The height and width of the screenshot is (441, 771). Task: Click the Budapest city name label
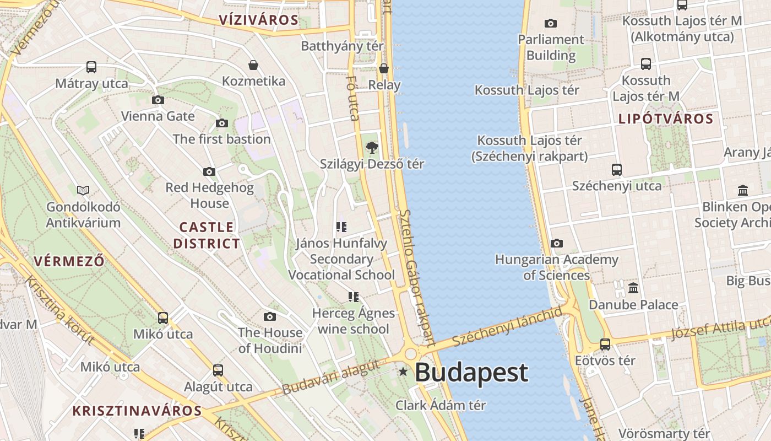point(471,373)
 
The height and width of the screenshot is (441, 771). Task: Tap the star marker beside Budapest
point(403,372)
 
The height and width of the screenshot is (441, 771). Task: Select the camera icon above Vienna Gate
point(158,100)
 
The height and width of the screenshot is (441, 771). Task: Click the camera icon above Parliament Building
point(550,23)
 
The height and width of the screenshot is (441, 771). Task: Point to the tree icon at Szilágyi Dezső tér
point(372,147)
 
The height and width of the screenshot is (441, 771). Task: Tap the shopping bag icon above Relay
point(384,68)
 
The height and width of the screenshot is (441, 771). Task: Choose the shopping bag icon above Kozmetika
point(253,65)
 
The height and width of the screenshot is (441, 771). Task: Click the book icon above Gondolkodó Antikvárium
point(83,190)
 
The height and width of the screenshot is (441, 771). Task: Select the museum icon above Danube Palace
point(633,288)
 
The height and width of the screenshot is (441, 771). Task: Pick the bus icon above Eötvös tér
point(605,345)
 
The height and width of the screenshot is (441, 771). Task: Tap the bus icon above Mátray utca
point(91,67)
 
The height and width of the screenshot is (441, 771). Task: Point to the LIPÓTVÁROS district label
point(666,119)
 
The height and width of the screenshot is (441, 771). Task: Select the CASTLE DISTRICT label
point(207,235)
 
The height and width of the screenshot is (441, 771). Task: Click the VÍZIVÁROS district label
point(258,20)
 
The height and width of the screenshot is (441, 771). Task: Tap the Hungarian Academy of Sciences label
point(556,267)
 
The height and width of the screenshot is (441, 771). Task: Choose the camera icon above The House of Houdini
point(270,316)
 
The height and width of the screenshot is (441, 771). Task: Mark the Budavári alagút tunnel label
point(330,377)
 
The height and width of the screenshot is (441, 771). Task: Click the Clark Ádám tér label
point(441,405)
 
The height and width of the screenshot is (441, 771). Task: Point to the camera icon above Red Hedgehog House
point(209,171)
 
